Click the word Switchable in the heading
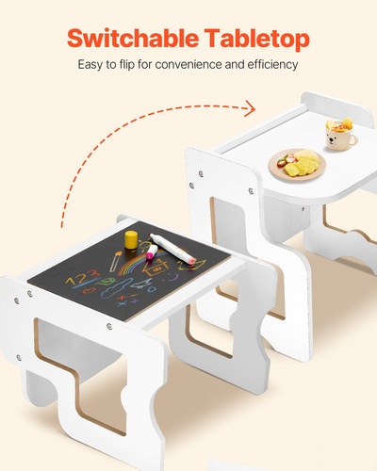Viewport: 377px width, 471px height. (x=132, y=39)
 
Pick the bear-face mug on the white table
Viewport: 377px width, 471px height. (x=339, y=138)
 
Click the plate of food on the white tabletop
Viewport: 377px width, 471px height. (x=296, y=164)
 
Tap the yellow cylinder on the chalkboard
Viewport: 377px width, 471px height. (x=130, y=236)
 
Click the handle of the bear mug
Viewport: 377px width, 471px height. (x=353, y=139)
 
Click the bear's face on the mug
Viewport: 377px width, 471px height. (x=336, y=141)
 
